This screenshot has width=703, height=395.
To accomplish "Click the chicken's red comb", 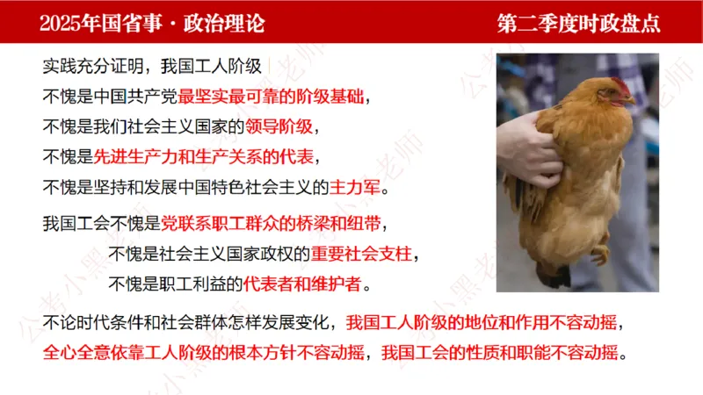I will pyautogui.click(x=621, y=85).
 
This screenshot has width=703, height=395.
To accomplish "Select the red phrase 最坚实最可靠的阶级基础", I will pyautogui.click(x=275, y=95).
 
